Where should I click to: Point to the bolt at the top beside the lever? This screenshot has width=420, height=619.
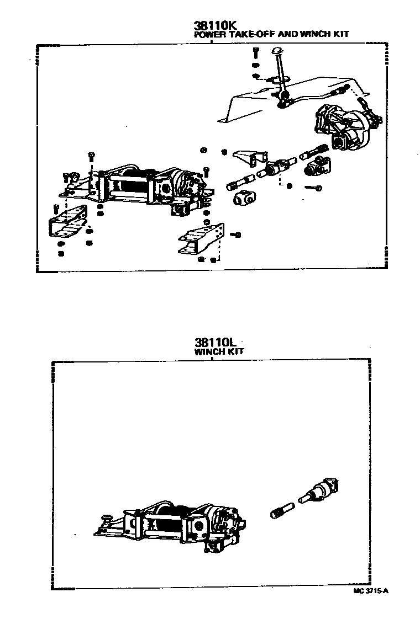point(255,54)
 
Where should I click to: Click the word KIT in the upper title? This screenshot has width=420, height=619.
point(342,34)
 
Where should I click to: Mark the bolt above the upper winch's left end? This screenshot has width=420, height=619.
point(91,156)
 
